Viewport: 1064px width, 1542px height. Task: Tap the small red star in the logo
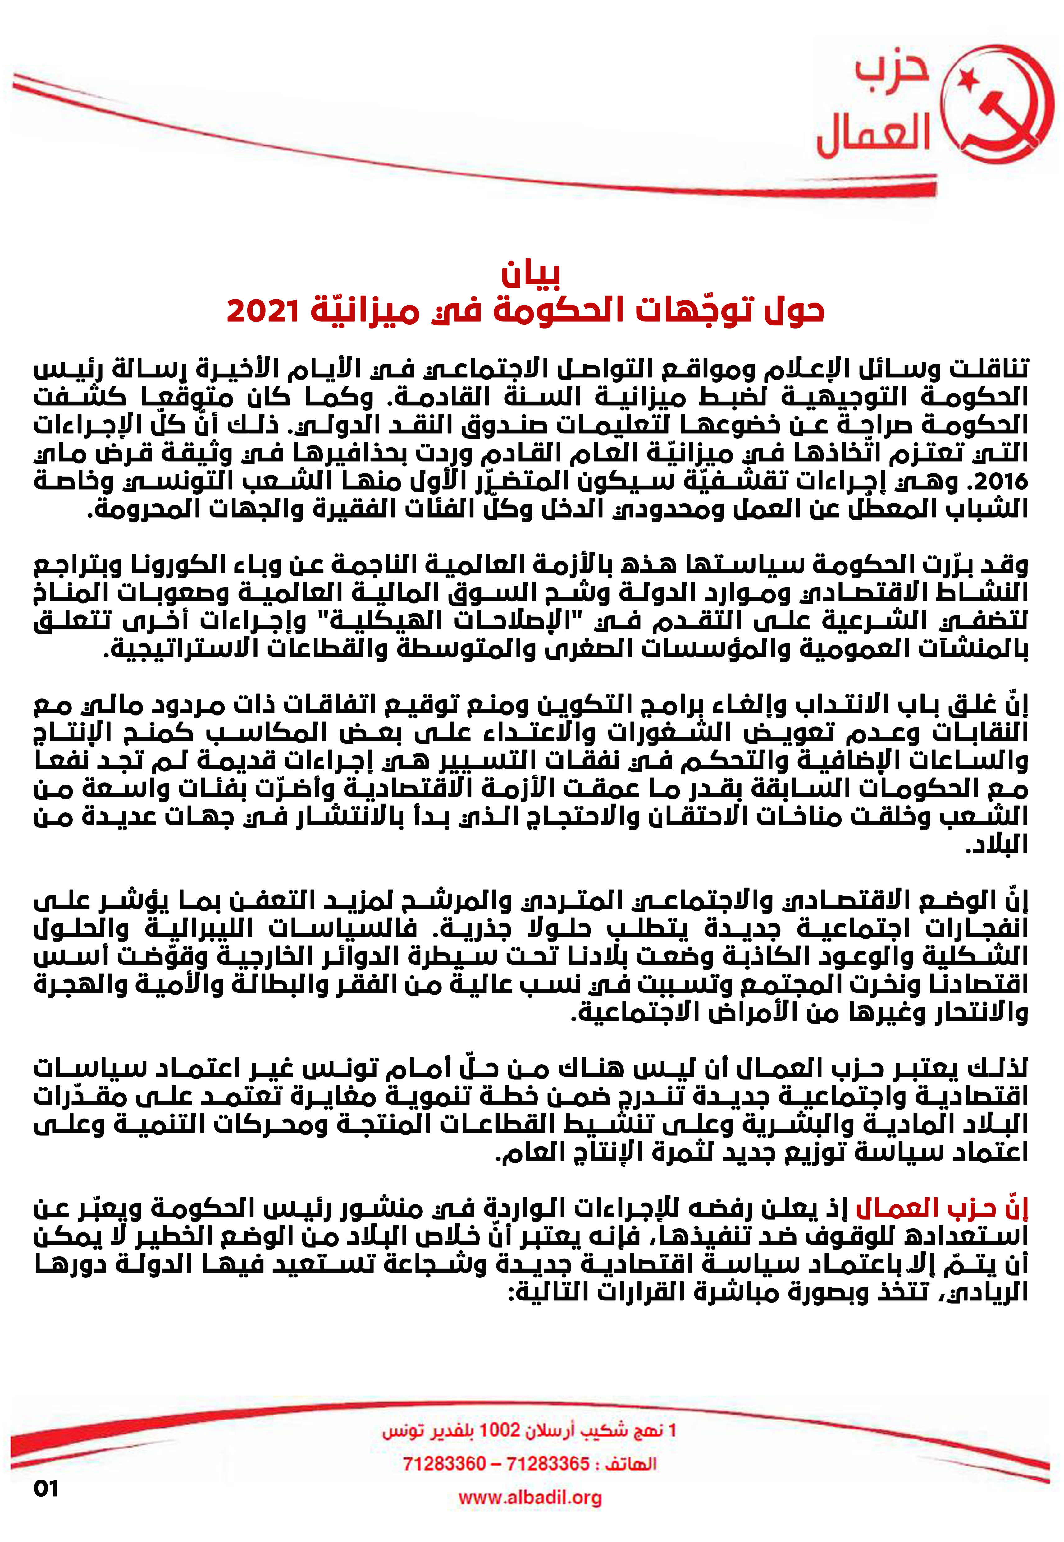[x=965, y=81]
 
